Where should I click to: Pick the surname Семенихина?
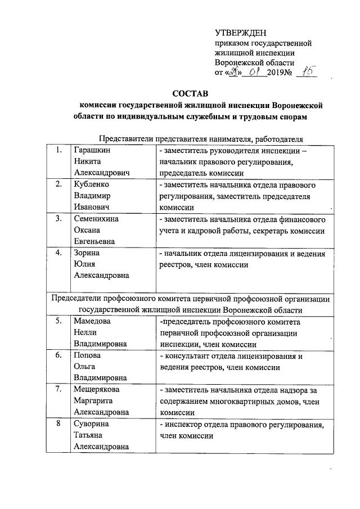tap(96, 219)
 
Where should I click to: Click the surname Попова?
tap(88, 356)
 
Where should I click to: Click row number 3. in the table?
tap(58, 219)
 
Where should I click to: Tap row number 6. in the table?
tap(58, 356)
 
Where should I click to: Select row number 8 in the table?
tap(58, 424)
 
